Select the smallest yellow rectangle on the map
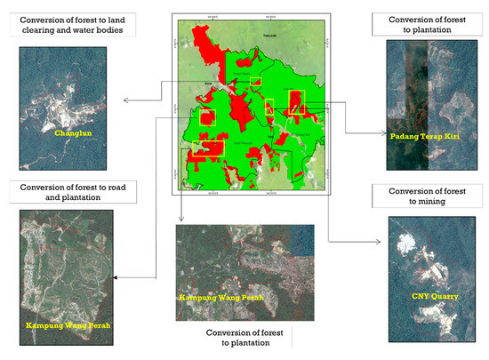pyautogui.click(x=256, y=82)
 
